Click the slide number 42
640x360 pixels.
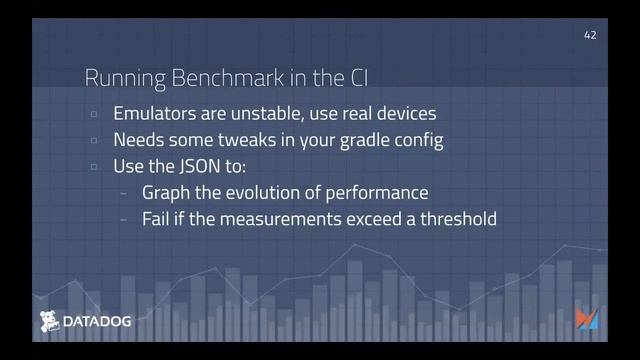pos(590,35)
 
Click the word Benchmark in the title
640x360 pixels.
pos(193,78)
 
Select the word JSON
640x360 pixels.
pos(204,166)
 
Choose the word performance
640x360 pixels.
pos(377,192)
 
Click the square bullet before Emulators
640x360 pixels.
pos(93,114)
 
